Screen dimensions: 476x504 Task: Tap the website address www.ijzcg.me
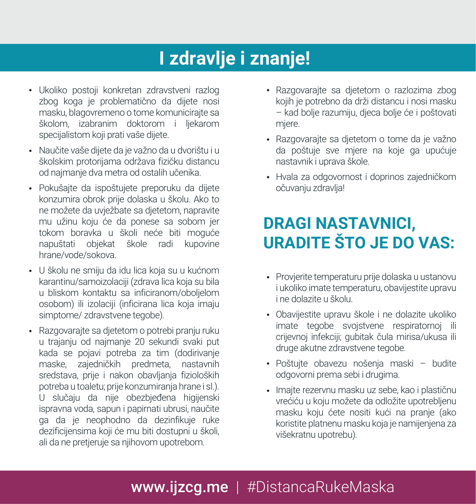point(179,487)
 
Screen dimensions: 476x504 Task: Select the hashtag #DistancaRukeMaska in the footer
point(320,487)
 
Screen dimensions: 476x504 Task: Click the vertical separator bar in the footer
point(238,487)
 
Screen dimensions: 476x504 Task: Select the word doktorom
point(146,124)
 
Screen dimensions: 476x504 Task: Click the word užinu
point(67,222)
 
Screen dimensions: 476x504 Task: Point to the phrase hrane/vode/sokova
point(78,255)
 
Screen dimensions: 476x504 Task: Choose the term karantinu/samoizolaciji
point(84,282)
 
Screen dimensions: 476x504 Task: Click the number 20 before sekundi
point(139,342)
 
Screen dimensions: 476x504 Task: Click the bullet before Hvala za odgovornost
point(268,177)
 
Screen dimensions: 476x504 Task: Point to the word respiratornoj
point(417,326)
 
